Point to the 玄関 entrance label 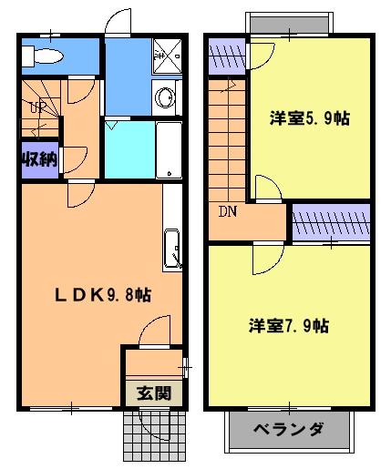click(153, 393)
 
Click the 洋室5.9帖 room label click(310, 118)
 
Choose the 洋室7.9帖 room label click(288, 325)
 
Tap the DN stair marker click(226, 212)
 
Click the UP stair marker click(38, 107)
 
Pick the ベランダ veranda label click(288, 429)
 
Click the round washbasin click(166, 97)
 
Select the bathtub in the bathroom click(170, 150)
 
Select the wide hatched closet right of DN click(330, 222)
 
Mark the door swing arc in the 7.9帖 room click(264, 259)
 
